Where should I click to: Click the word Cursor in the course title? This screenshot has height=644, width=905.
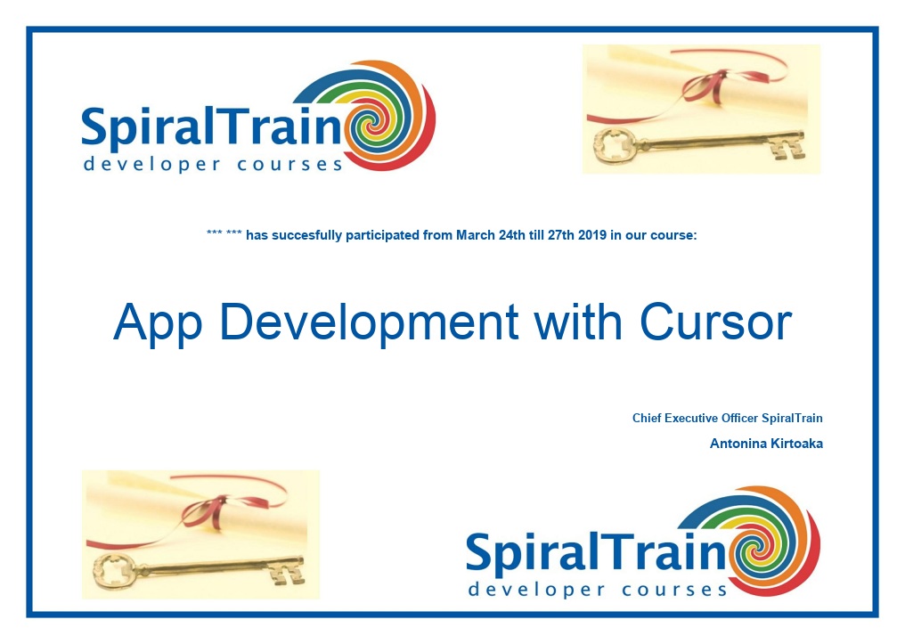pyautogui.click(x=715, y=322)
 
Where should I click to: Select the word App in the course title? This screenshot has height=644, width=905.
pyautogui.click(x=158, y=324)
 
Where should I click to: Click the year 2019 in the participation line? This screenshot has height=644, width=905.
pyautogui.click(x=592, y=235)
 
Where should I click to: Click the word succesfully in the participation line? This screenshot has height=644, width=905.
pyautogui.click(x=306, y=236)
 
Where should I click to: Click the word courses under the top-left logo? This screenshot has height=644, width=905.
pyautogui.click(x=289, y=165)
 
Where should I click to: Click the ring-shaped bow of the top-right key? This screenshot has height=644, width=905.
pyautogui.click(x=614, y=145)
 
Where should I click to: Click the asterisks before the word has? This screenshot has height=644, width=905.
pyautogui.click(x=224, y=233)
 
